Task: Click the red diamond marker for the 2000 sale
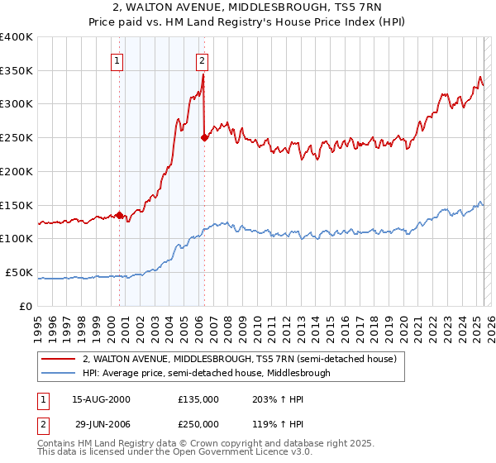pyautogui.click(x=119, y=216)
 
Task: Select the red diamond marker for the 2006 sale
pyautogui.click(x=204, y=138)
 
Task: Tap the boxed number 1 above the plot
pyautogui.click(x=117, y=60)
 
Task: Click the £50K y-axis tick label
pyautogui.click(x=19, y=272)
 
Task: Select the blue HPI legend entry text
pyautogui.click(x=206, y=373)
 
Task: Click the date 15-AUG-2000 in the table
pyautogui.click(x=102, y=399)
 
